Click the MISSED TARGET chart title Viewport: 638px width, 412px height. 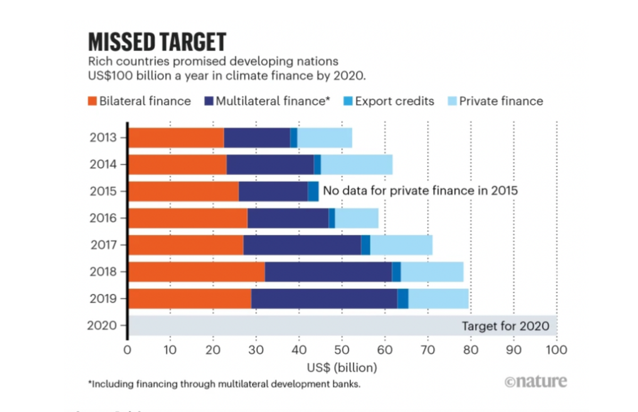point(157,42)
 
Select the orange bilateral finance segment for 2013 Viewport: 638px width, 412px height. point(176,138)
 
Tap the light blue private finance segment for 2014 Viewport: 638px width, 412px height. point(357,164)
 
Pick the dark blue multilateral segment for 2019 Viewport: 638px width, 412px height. point(324,298)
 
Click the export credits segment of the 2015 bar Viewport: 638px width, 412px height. point(313,191)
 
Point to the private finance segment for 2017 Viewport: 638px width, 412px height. point(401,245)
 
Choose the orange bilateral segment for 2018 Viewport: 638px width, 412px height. point(196,272)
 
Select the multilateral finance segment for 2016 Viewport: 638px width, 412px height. point(288,218)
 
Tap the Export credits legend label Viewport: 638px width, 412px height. point(394,101)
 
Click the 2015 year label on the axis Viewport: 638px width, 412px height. point(101,191)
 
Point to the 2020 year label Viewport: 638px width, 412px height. point(101,325)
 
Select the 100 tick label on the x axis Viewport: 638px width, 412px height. point(556,350)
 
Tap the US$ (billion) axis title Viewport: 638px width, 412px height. point(342,367)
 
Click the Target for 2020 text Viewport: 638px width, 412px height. point(505,326)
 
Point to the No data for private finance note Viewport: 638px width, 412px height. point(420,191)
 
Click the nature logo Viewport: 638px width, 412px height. point(535,381)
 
